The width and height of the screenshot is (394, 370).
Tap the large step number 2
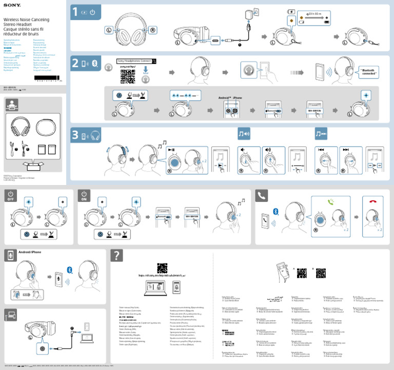pos(75,64)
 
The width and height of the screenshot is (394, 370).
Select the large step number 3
pos(75,135)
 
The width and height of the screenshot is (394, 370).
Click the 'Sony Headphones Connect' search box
pos(136,61)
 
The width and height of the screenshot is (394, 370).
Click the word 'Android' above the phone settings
pos(219,97)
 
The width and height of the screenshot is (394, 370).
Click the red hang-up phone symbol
pos(372,203)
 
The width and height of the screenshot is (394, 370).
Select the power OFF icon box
pos(11,196)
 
